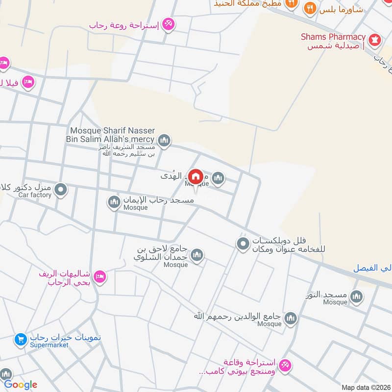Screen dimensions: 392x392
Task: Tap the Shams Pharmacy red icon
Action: point(375,41)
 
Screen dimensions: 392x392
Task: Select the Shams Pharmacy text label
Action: point(333,37)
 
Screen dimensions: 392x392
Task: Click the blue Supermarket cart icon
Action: point(21,339)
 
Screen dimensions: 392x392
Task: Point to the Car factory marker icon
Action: point(60,189)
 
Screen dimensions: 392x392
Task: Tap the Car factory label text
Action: point(35,195)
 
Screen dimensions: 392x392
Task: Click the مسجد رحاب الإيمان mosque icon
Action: point(114,202)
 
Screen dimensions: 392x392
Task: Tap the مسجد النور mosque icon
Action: point(356,296)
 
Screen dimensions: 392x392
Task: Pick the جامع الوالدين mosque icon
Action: point(291,319)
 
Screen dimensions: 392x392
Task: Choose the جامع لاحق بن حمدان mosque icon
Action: point(197,255)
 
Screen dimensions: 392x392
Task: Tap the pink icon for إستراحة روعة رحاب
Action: point(168,23)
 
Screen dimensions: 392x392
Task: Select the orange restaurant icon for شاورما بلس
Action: point(309,8)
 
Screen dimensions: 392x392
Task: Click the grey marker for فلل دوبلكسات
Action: point(243,244)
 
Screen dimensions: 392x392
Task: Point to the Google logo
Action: point(21,385)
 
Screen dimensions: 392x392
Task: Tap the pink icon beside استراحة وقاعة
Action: point(285,365)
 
